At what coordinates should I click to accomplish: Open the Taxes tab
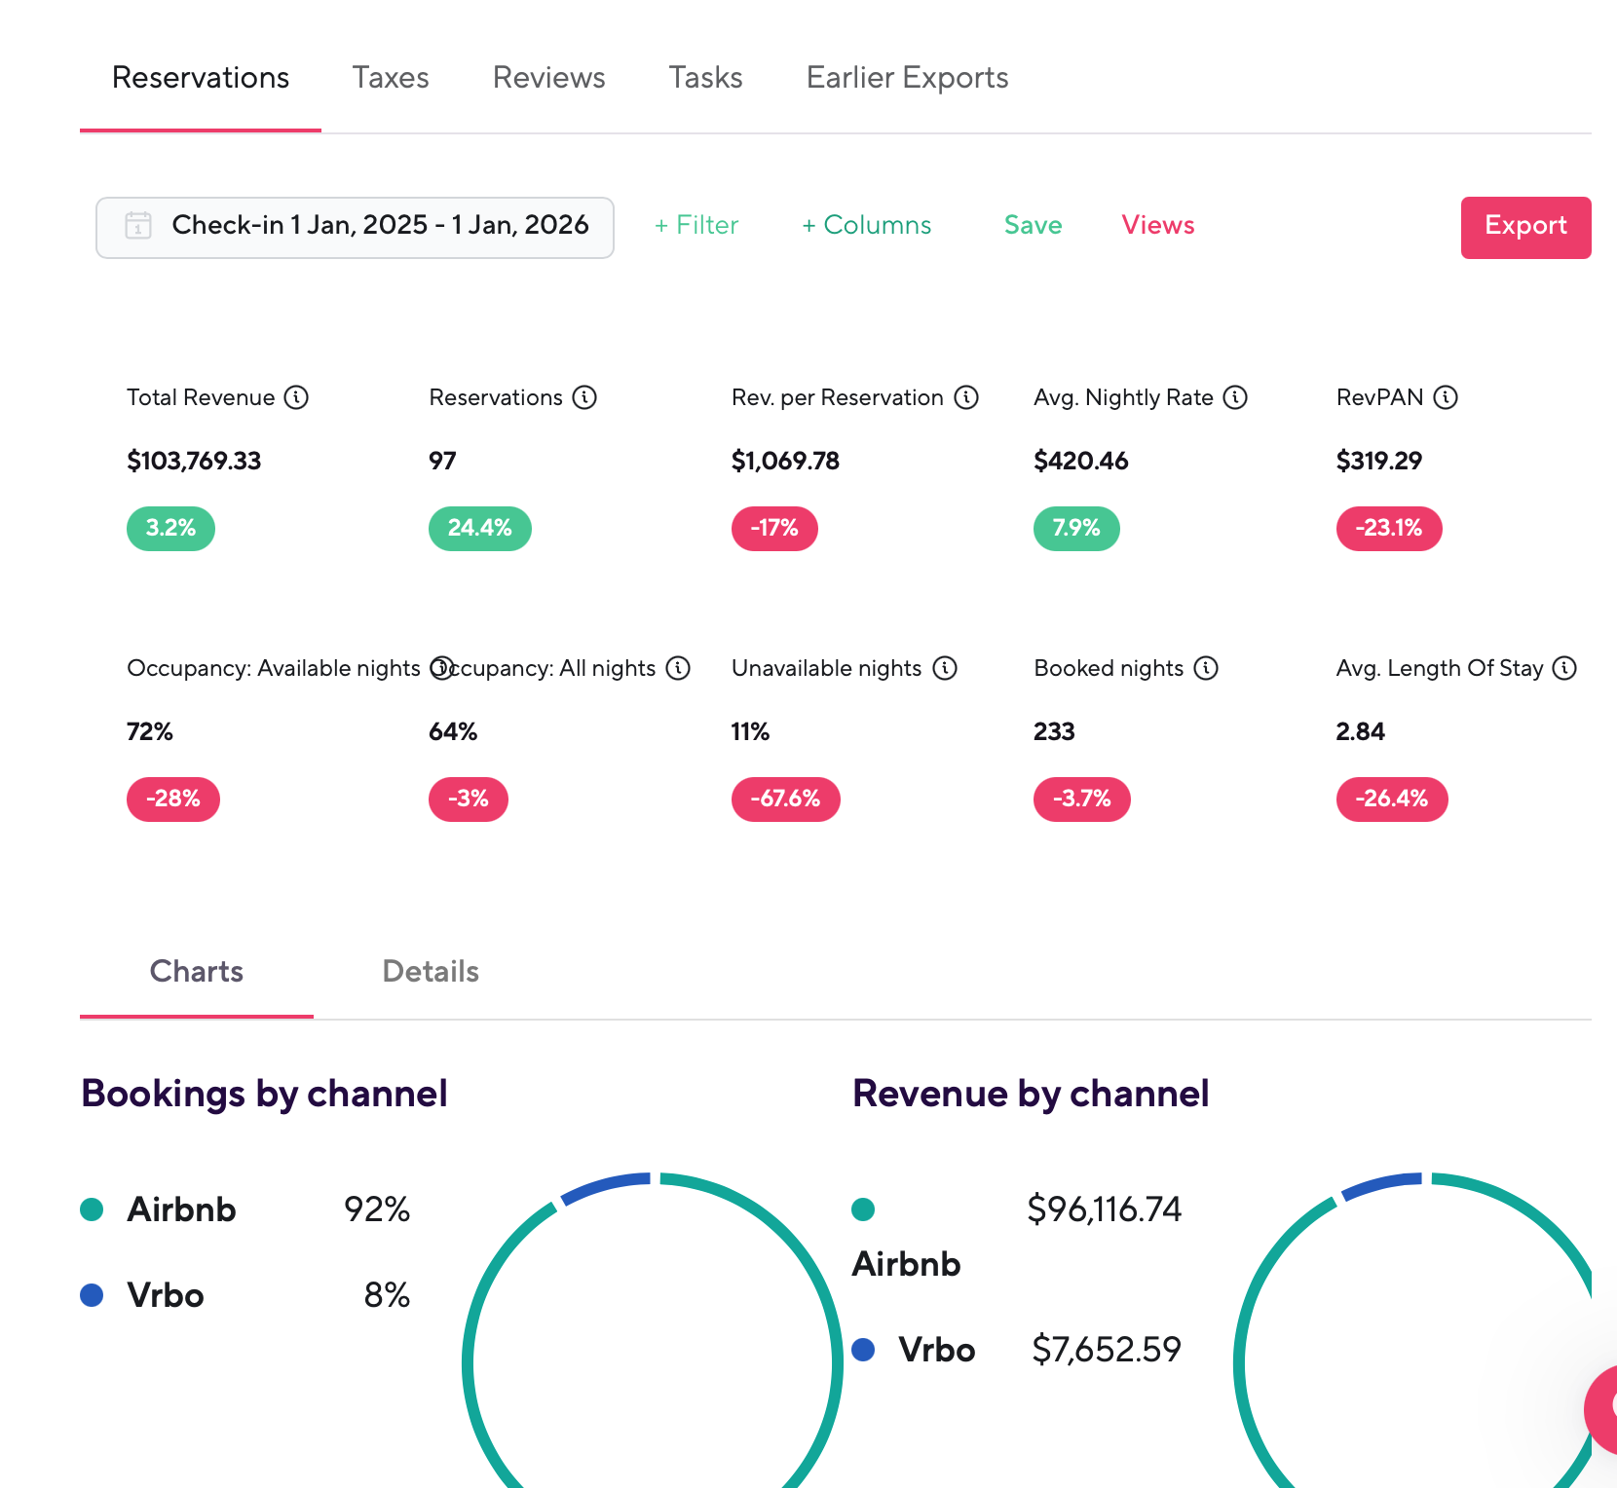click(391, 78)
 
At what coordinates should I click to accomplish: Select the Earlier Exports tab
click(907, 78)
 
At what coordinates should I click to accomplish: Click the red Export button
click(1525, 227)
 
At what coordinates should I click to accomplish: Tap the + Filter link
click(696, 226)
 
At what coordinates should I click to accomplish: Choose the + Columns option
click(867, 226)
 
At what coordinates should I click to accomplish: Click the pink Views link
click(1158, 226)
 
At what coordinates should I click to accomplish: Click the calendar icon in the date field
click(138, 226)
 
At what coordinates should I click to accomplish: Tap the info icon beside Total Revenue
click(296, 397)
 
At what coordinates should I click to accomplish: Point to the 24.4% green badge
click(480, 529)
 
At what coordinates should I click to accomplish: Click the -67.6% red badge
click(786, 800)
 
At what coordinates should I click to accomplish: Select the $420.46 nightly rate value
click(1081, 461)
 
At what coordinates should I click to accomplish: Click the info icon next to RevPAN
click(1446, 397)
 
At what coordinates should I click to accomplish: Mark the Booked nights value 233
click(1054, 731)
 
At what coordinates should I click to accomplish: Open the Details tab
click(431, 972)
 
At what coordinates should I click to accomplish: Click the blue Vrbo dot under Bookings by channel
click(92, 1295)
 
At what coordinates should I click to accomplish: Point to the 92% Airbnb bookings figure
click(377, 1209)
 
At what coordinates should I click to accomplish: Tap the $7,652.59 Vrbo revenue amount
click(1107, 1350)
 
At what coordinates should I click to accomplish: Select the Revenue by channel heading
click(1031, 1094)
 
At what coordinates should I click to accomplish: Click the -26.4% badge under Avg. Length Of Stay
click(1392, 800)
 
